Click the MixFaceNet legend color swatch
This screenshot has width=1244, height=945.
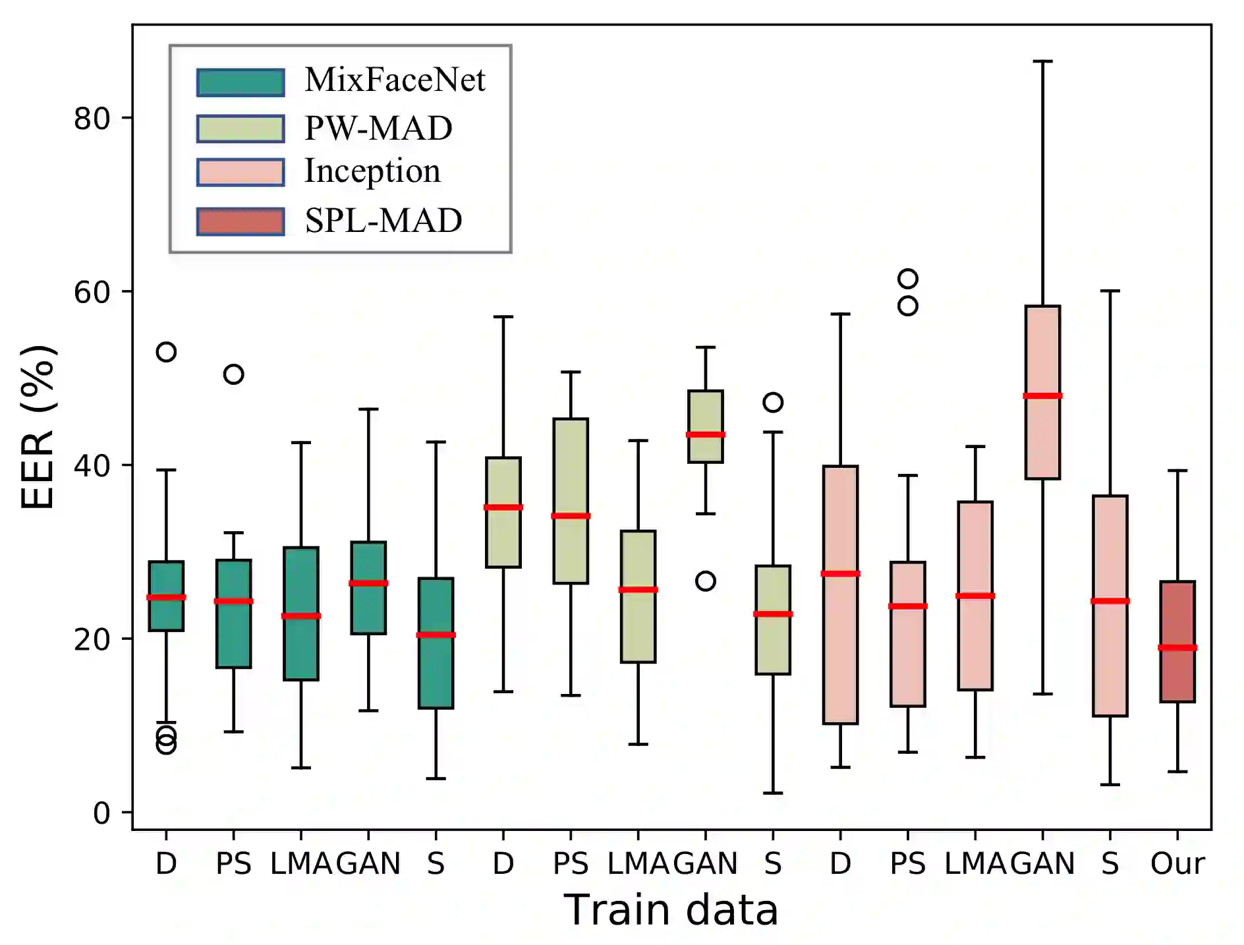point(240,82)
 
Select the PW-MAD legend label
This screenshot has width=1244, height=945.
point(378,128)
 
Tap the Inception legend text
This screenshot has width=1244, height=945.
point(372,171)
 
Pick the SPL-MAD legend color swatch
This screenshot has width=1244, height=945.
point(240,221)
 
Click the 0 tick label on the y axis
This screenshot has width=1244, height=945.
point(101,813)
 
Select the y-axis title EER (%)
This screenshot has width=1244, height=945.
point(38,427)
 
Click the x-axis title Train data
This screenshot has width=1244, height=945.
point(671,910)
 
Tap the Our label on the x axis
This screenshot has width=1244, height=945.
point(1177,863)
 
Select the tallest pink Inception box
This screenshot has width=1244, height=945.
point(840,594)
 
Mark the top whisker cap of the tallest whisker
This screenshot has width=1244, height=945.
point(1042,61)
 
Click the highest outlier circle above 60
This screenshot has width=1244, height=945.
point(908,279)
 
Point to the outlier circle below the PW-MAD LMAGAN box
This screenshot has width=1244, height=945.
point(706,581)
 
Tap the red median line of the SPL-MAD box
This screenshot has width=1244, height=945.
point(1177,648)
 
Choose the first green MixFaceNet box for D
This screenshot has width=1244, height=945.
point(166,596)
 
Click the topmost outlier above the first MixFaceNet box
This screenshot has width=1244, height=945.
point(166,352)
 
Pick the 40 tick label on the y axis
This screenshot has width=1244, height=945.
point(92,466)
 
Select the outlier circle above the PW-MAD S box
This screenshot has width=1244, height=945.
point(773,402)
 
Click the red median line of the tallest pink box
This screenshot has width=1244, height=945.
point(840,573)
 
